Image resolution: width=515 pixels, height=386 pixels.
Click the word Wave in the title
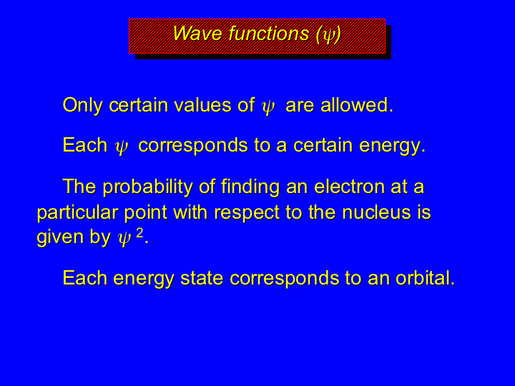click(197, 33)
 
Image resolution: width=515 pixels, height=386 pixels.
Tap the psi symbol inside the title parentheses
click(328, 35)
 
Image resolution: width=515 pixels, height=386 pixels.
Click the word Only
click(82, 105)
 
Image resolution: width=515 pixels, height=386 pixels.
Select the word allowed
click(357, 105)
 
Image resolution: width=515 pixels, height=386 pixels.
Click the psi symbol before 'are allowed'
click(268, 107)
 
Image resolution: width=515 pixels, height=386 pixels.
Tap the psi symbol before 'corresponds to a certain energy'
click(122, 147)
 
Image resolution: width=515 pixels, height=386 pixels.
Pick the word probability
click(147, 187)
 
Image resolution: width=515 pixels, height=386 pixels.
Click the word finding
click(250, 187)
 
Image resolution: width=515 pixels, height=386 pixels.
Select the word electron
click(350, 187)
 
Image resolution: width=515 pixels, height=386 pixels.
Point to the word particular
click(77, 213)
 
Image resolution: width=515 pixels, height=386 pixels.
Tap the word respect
click(247, 214)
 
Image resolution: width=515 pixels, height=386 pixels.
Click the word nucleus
click(376, 212)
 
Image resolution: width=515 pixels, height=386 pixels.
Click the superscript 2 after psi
click(139, 233)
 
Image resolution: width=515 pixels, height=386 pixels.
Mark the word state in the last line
click(202, 278)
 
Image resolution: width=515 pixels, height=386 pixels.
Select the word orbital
click(425, 277)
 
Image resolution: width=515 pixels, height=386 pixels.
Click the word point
click(146, 214)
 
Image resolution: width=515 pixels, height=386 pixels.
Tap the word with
click(190, 212)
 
